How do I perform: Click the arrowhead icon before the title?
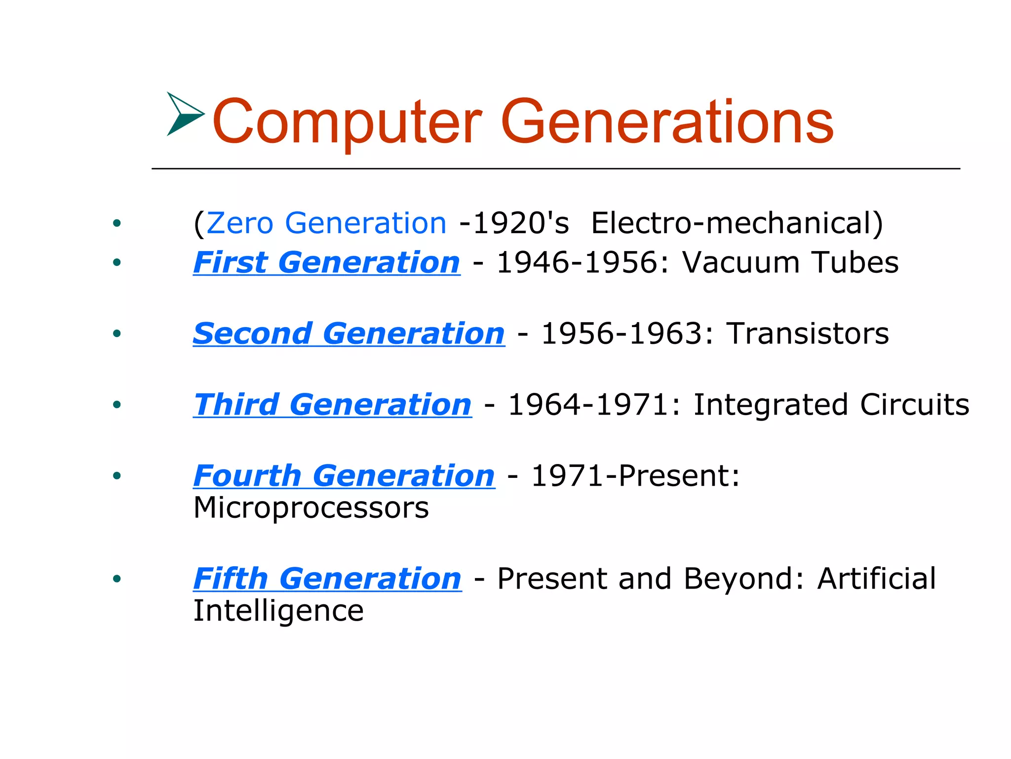pos(184,114)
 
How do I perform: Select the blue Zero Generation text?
pos(326,223)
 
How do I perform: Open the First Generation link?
pos(327,262)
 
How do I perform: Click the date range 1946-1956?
pos(583,262)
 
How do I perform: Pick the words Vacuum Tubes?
pos(790,262)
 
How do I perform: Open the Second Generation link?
pos(349,334)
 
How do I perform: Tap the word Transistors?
pos(808,334)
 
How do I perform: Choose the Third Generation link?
pos(332,405)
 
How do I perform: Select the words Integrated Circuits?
pos(831,405)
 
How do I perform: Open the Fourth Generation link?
pos(344,476)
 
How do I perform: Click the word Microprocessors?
pos(311,508)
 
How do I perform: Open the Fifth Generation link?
pos(327,579)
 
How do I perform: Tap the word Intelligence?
pos(278,611)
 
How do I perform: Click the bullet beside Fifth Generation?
pos(117,579)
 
